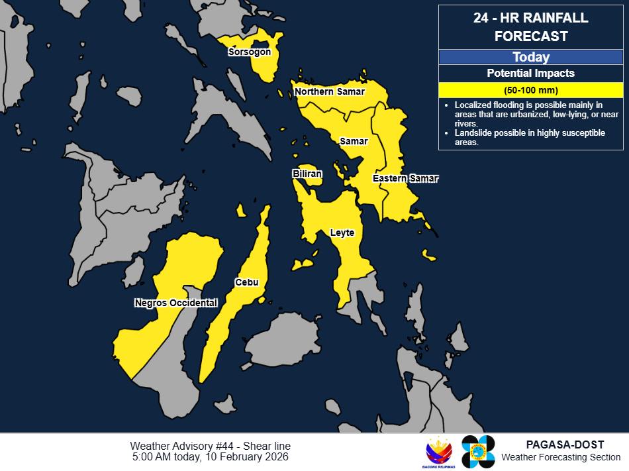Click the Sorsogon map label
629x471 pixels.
[248, 52]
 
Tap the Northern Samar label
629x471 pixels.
[330, 91]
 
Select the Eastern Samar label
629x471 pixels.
[405, 179]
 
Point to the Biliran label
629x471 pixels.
[307, 174]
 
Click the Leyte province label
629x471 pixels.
[342, 233]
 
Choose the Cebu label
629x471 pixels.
[246, 283]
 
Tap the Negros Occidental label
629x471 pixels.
[176, 303]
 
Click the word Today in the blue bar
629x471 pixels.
[531, 58]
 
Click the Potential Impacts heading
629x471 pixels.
[531, 74]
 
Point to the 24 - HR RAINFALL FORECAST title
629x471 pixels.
[531, 27]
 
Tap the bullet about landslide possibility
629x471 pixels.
[530, 138]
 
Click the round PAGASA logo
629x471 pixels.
[478, 452]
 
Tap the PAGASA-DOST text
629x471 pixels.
[561, 445]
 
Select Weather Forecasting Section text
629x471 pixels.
[561, 457]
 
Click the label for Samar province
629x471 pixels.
[354, 141]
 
